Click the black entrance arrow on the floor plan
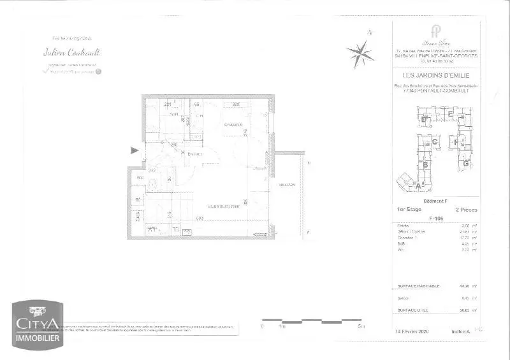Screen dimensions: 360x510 pyautogui.click(x=133, y=151)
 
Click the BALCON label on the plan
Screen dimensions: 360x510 pyautogui.click(x=287, y=185)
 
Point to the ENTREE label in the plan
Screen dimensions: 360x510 pyautogui.click(x=194, y=154)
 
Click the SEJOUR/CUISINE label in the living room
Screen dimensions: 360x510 pyautogui.click(x=223, y=206)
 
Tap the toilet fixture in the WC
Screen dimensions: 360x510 pyautogui.click(x=154, y=185)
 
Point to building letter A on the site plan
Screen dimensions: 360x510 pyautogui.click(x=418, y=185)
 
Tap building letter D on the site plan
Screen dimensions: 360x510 pyautogui.click(x=423, y=119)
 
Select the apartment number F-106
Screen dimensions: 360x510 pyautogui.click(x=436, y=218)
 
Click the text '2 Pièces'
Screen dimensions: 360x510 pyautogui.click(x=467, y=210)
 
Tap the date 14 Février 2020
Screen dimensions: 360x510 pyautogui.click(x=414, y=331)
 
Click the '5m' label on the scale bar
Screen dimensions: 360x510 pyautogui.click(x=361, y=326)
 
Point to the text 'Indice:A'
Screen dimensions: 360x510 pyautogui.click(x=460, y=331)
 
